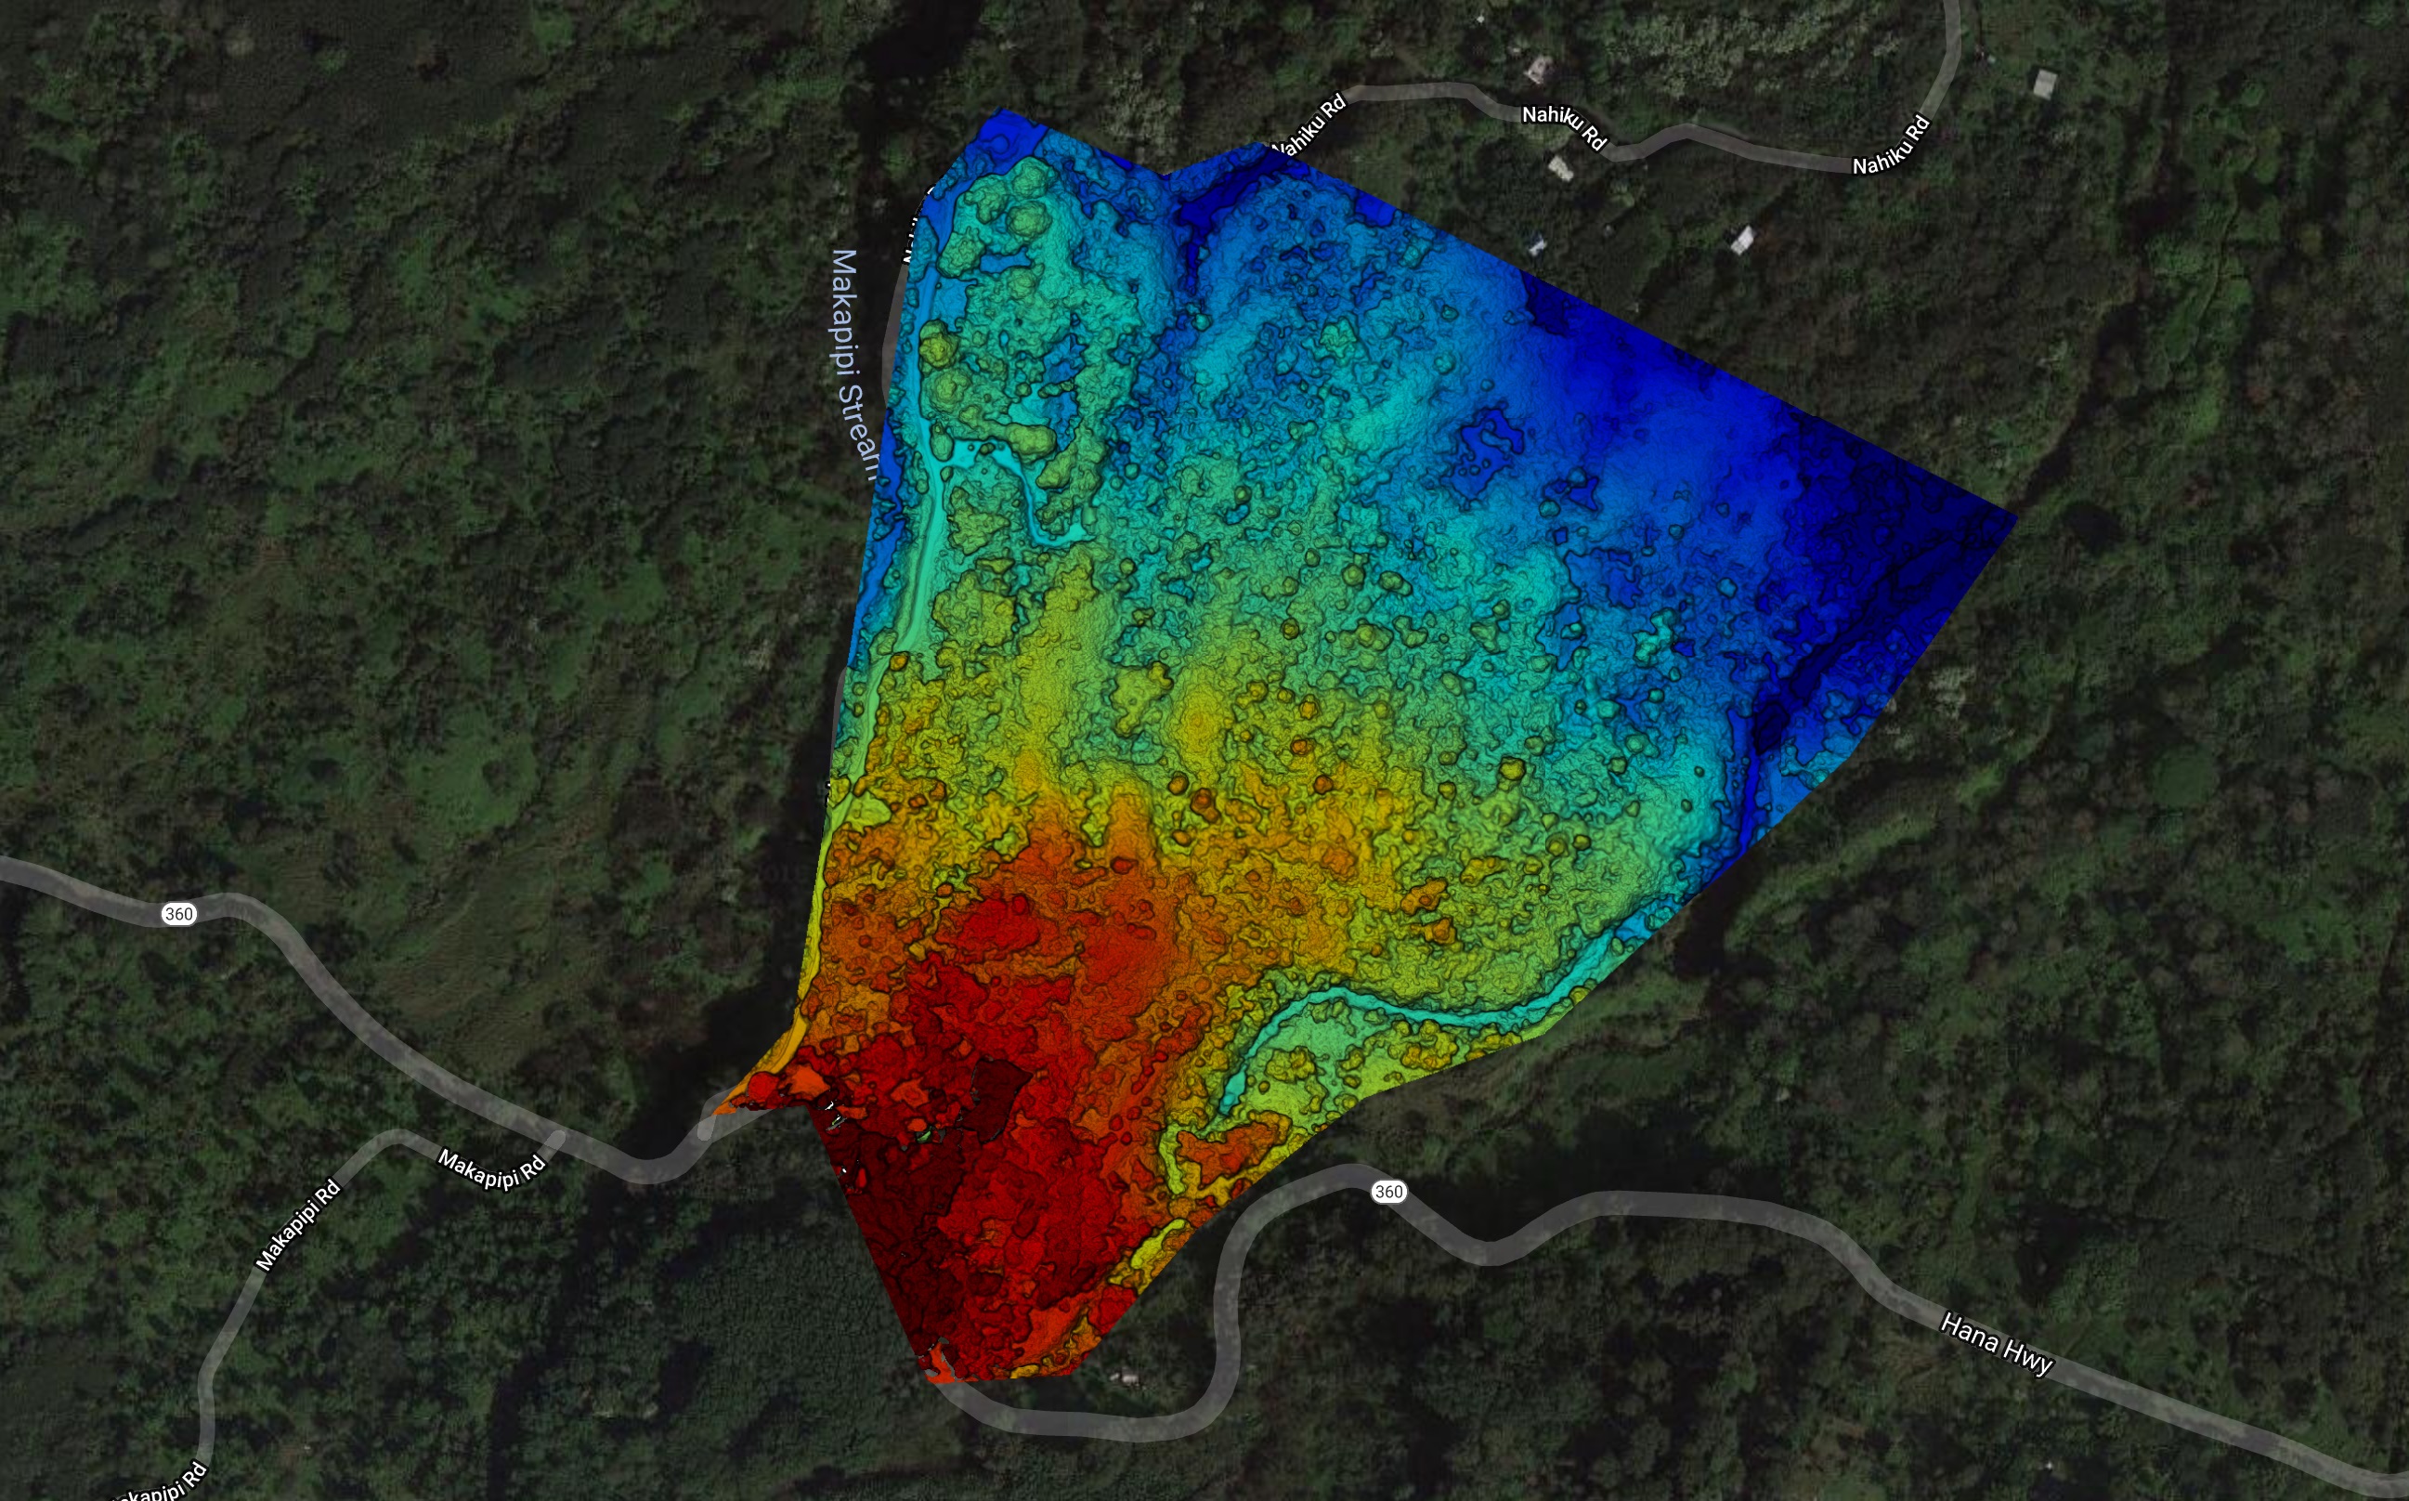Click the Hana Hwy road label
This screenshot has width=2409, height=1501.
tap(1996, 1345)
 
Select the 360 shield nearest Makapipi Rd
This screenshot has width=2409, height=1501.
tap(178, 913)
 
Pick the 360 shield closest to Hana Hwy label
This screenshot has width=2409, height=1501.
tap(1388, 1192)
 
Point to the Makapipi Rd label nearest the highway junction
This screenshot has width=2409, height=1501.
tap(492, 1168)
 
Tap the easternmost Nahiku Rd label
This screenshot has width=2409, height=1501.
tap(1892, 145)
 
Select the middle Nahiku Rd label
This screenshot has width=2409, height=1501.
tap(1564, 126)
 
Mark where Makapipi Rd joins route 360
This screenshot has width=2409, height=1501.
tap(556, 1142)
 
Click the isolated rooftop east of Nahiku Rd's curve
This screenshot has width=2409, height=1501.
tap(2045, 84)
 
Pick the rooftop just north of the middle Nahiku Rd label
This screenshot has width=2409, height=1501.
tap(1538, 69)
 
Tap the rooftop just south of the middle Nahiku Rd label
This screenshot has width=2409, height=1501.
tap(1561, 170)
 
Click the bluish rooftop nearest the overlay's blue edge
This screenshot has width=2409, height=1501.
tap(1537, 244)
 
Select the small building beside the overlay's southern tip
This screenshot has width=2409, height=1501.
tap(1125, 1377)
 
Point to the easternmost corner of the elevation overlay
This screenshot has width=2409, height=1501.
tap(2015, 516)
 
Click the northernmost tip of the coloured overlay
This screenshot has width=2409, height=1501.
tap(1000, 110)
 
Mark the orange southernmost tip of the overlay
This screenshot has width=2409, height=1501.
tap(938, 1377)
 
